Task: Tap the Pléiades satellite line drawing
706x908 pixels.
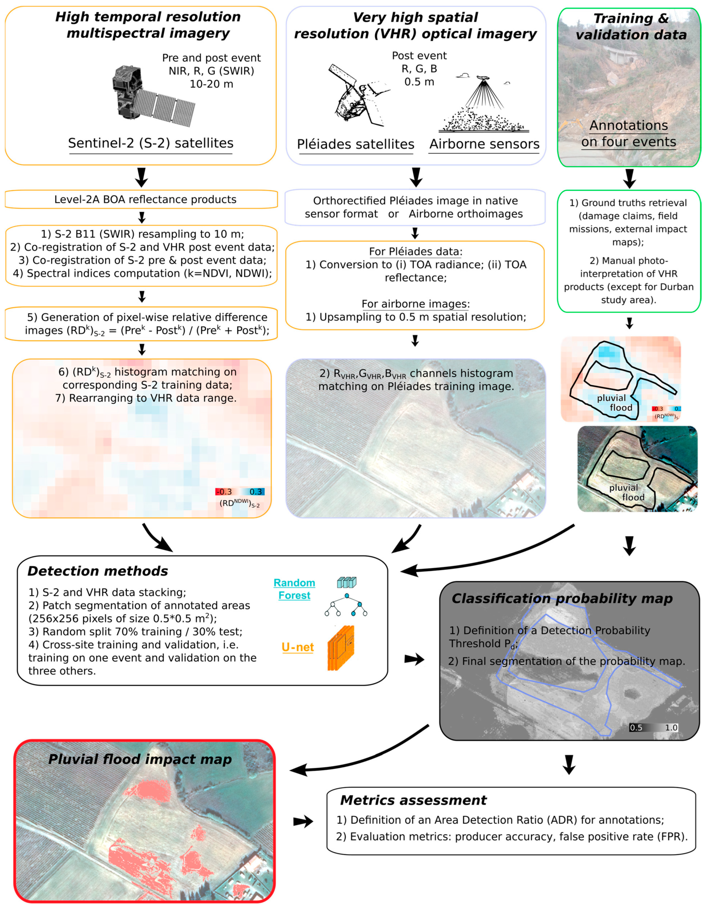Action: (x=356, y=95)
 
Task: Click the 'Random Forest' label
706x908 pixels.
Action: (x=294, y=589)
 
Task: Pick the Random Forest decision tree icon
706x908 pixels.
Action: (x=346, y=598)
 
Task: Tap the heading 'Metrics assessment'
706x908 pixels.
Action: (x=413, y=800)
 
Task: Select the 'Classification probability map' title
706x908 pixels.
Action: (x=562, y=598)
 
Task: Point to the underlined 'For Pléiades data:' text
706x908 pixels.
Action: (x=415, y=251)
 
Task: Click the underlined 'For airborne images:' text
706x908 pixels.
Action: (x=415, y=304)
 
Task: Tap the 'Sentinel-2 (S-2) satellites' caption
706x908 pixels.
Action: (x=151, y=143)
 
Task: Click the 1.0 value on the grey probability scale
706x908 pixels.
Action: (x=671, y=727)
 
